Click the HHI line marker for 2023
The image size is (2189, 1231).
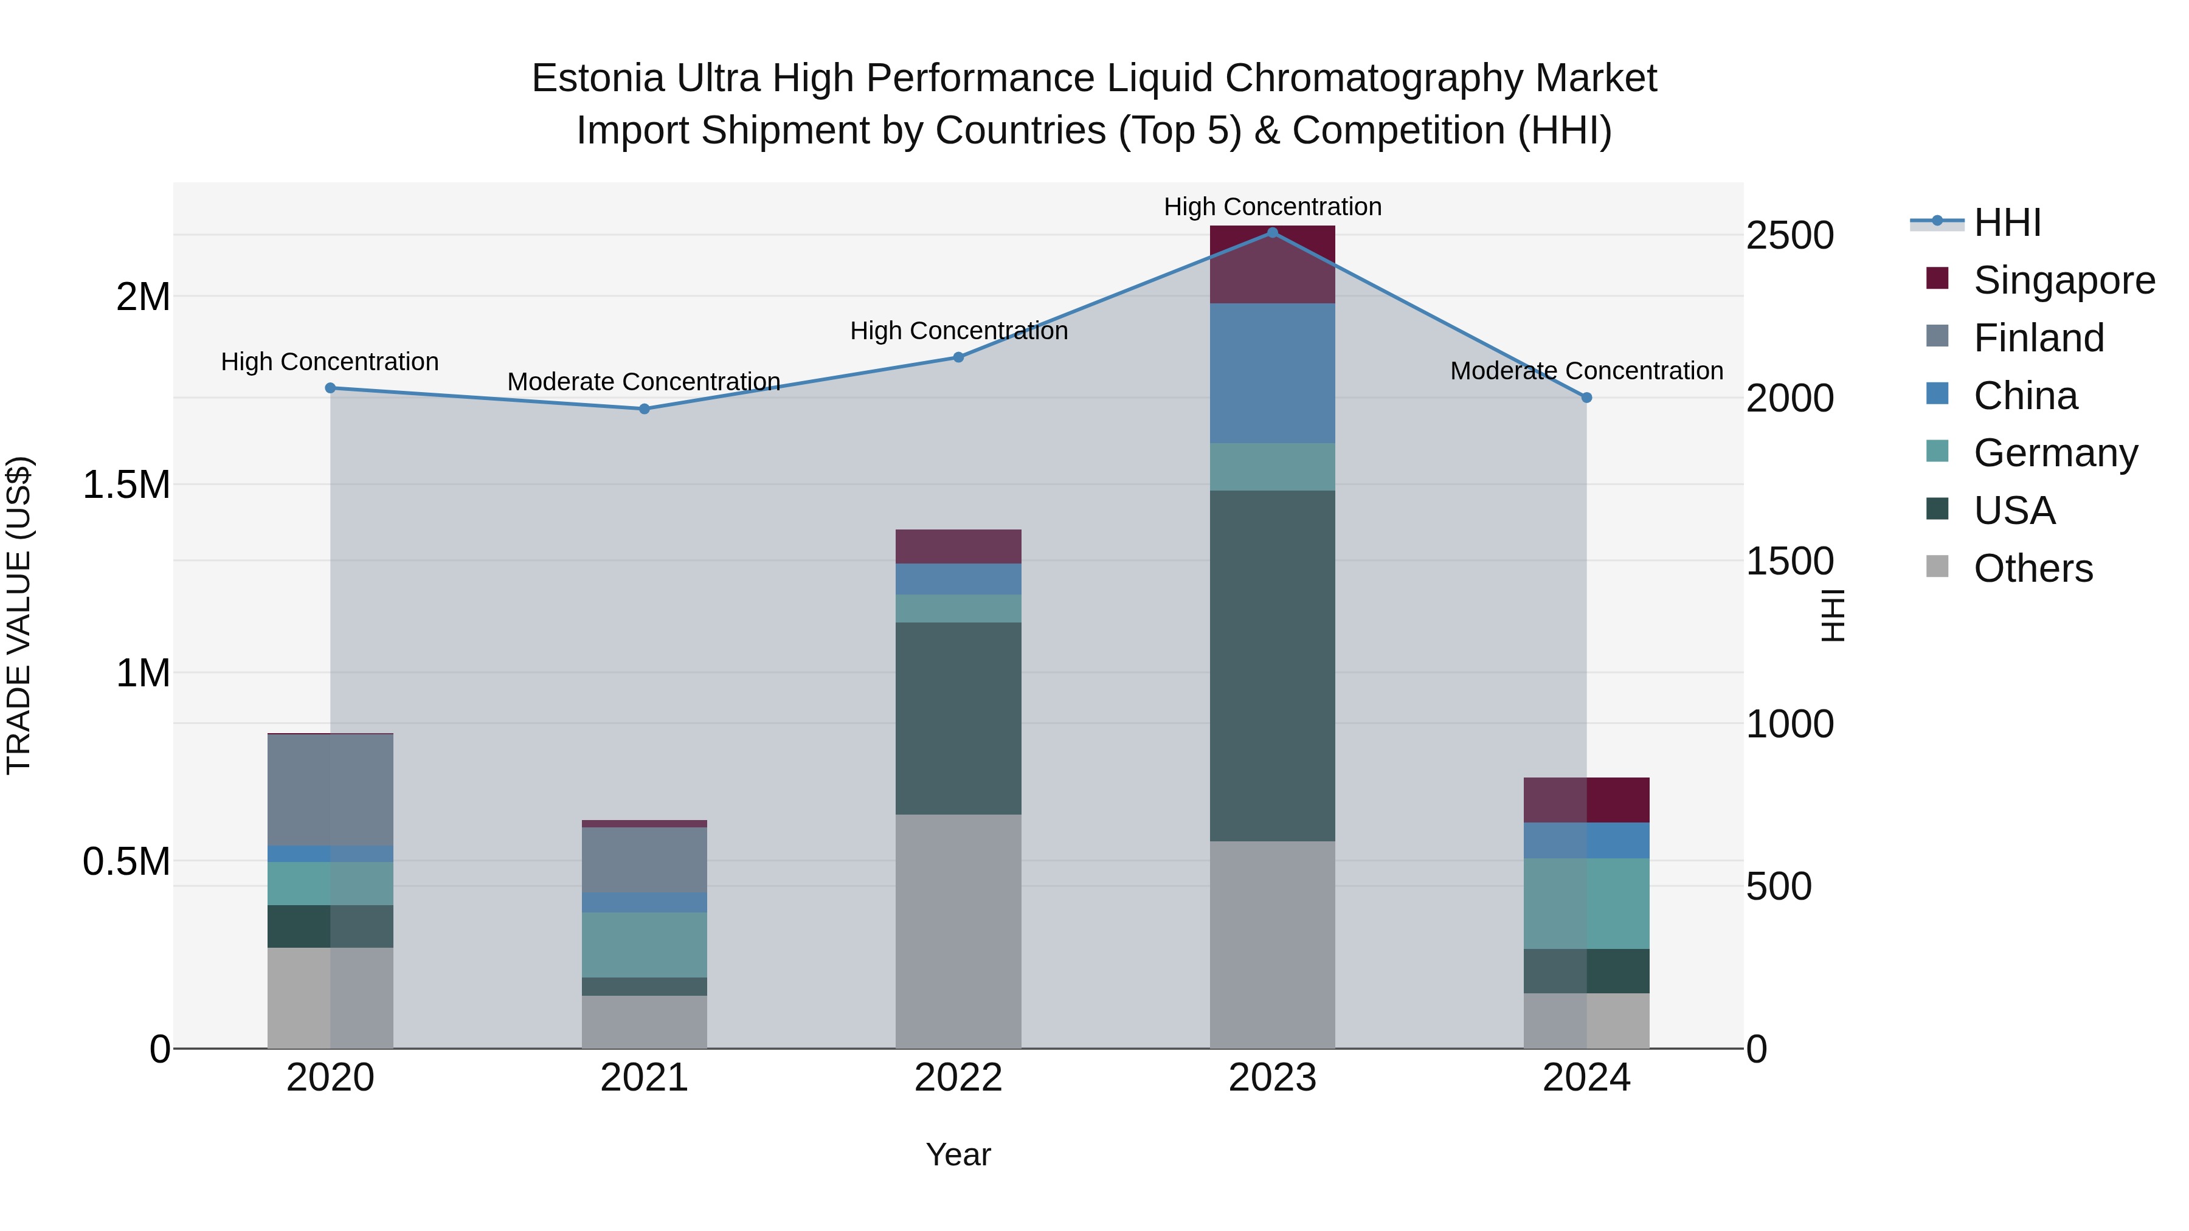(1272, 233)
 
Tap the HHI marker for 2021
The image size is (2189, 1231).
(644, 409)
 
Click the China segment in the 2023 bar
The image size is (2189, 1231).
(1272, 373)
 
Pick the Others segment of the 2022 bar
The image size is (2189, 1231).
(958, 931)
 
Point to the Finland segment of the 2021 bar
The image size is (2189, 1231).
(644, 860)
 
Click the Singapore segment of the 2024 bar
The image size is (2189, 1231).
(1586, 799)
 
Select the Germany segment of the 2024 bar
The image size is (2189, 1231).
(1586, 903)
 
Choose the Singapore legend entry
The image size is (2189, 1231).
(2063, 280)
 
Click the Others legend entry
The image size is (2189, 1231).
(2033, 568)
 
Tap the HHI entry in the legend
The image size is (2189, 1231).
(2007, 222)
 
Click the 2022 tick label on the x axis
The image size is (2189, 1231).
(958, 1078)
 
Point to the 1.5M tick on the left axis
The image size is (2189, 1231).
(126, 485)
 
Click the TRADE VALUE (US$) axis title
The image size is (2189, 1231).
(19, 615)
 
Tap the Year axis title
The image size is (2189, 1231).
(958, 1154)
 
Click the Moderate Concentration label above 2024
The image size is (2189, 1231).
(1586, 371)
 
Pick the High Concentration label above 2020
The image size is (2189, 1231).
(330, 362)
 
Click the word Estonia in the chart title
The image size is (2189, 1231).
(597, 78)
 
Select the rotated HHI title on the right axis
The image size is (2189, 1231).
(1833, 615)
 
